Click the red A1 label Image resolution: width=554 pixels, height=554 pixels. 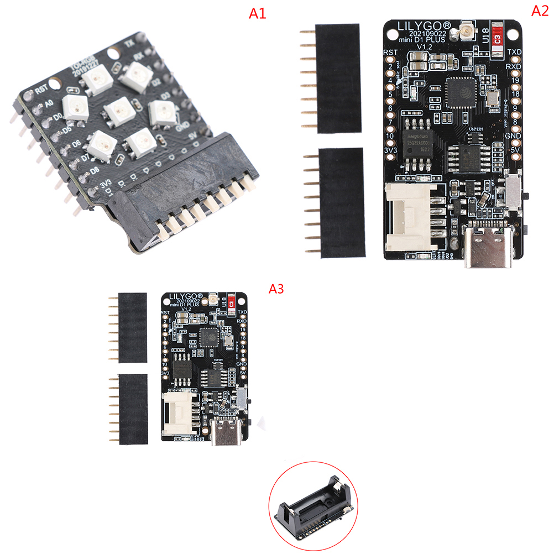coord(257,14)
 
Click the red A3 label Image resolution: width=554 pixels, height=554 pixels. coord(276,289)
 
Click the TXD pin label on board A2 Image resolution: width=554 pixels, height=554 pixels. coord(514,53)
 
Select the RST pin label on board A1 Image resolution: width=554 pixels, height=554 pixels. coord(41,90)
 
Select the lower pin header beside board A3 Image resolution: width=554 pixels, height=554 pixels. coord(133,409)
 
